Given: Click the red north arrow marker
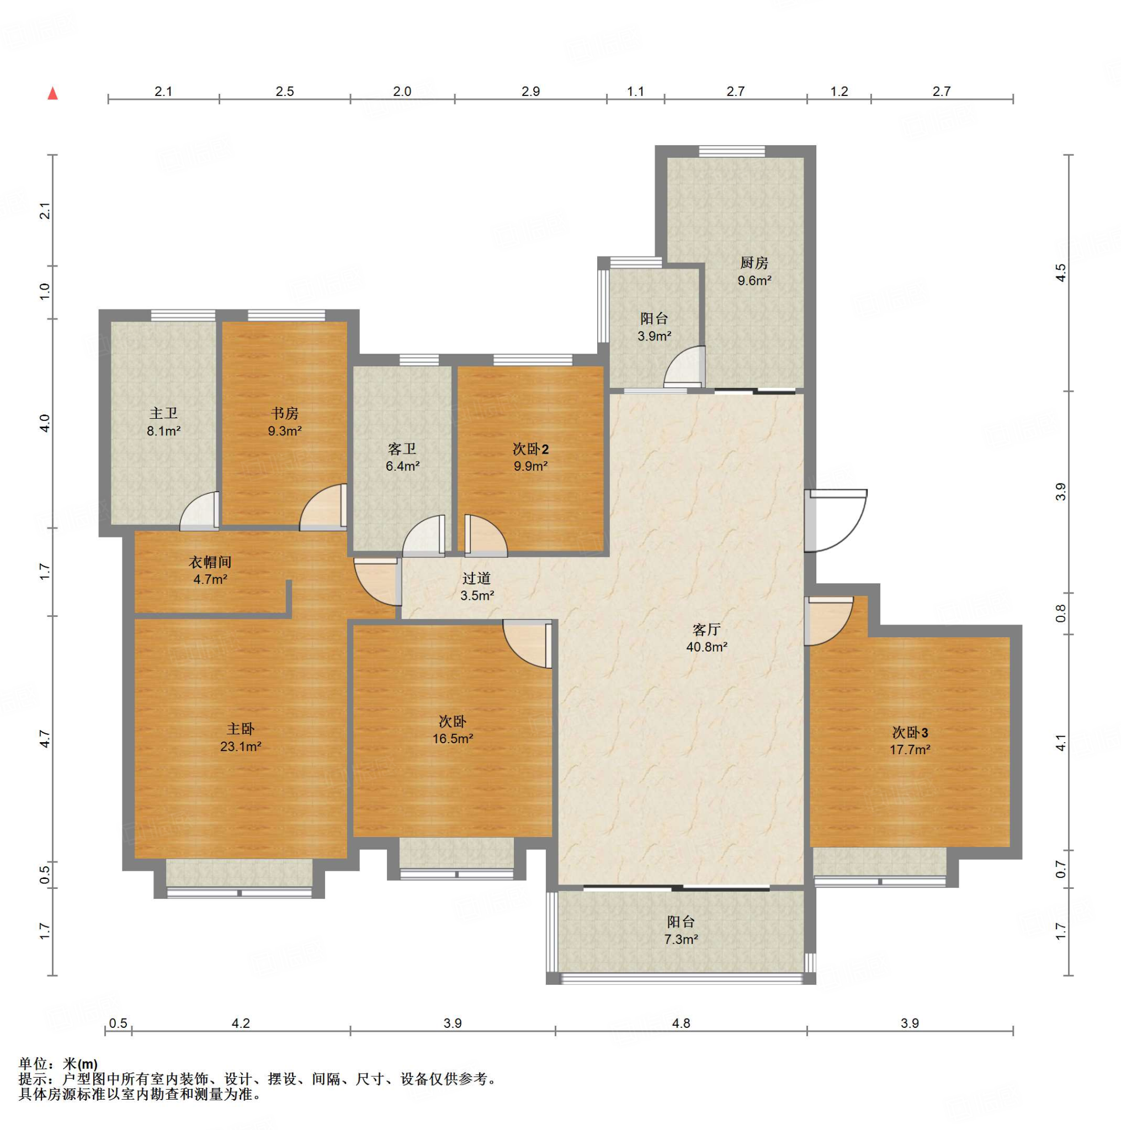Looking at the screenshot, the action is (52, 93).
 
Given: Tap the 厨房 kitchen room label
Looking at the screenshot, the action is (753, 263).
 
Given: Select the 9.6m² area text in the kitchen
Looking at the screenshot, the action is (754, 281).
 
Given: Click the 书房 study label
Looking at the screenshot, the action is (285, 413).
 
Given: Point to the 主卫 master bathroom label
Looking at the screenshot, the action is (163, 413).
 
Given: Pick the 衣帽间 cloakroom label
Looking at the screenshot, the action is (210, 562).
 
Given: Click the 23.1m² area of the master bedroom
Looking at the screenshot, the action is (241, 747).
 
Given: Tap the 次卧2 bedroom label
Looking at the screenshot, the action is (530, 449).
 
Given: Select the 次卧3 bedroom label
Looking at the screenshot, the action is (910, 732).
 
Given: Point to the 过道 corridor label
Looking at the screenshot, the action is (476, 578).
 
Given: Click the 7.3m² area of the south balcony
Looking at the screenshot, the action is (681, 939).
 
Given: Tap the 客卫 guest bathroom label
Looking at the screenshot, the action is (402, 449).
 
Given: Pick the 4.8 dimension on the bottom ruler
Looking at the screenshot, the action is (681, 1023).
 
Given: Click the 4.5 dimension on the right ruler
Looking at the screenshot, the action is (1061, 273).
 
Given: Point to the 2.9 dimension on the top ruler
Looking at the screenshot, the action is (530, 91).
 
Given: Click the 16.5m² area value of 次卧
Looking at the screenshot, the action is (453, 739).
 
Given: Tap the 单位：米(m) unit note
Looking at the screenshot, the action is (58, 1064).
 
